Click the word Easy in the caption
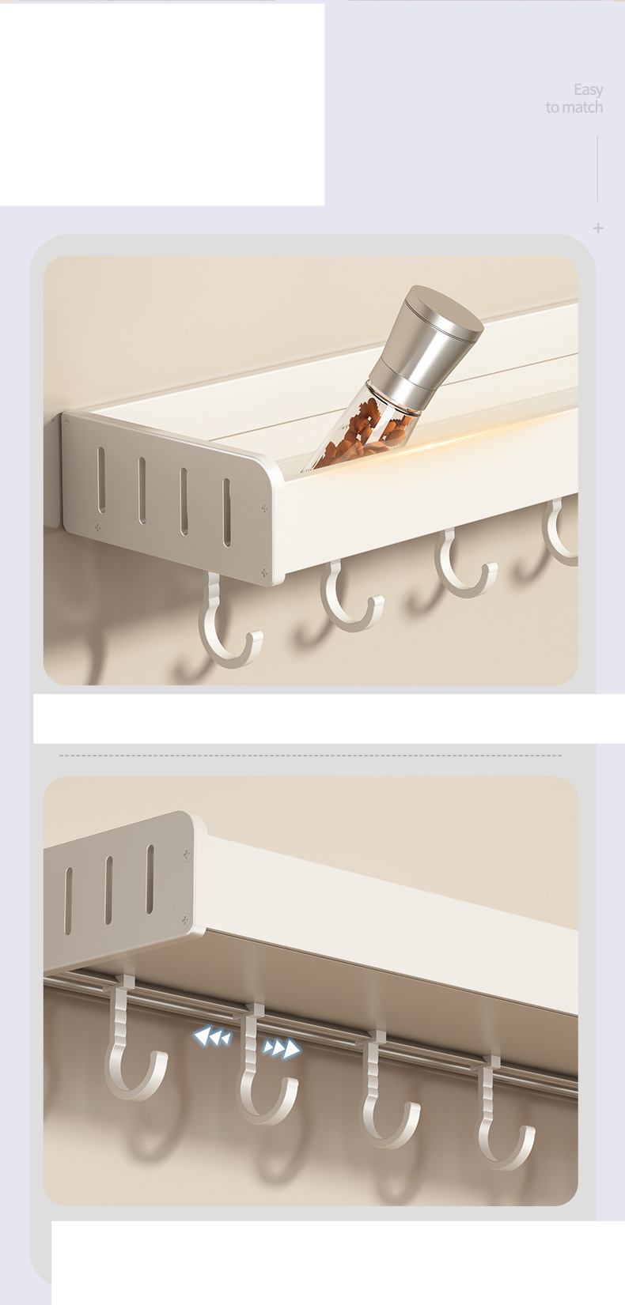point(588,90)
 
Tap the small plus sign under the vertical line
point(597,228)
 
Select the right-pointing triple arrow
point(282,1049)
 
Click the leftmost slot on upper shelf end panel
point(101,480)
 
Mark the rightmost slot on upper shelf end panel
point(227,512)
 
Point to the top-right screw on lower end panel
point(187,854)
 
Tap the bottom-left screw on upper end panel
point(97,527)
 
